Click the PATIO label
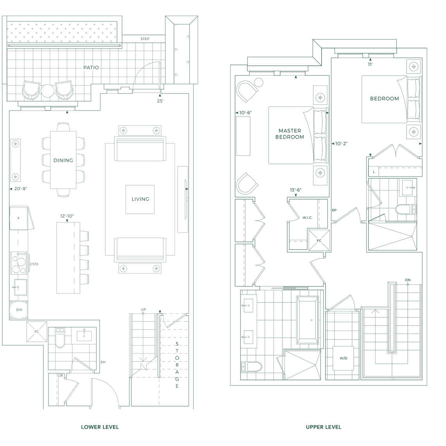[91, 67]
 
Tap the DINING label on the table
[63, 160]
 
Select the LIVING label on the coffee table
[140, 199]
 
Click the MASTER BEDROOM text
[290, 134]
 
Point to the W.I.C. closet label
[307, 218]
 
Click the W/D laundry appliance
[343, 358]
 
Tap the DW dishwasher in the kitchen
[19, 310]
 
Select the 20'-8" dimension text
[20, 189]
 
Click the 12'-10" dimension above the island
[67, 216]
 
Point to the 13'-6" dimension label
[295, 190]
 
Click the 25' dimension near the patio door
[160, 101]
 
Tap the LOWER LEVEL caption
[100, 427]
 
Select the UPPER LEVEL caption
[324, 427]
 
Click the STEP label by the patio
[145, 39]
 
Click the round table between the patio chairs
[47, 91]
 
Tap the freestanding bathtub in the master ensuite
[308, 320]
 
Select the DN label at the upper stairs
[408, 280]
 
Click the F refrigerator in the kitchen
[19, 218]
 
